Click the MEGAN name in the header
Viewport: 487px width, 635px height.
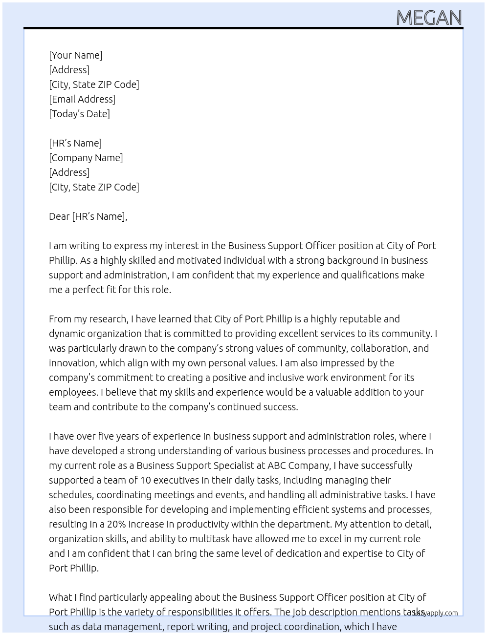429,18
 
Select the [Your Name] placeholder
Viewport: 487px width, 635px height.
76,55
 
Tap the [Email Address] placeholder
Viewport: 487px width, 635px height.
82,99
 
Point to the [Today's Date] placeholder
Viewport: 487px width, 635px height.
79,114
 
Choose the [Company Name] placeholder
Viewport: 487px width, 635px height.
86,158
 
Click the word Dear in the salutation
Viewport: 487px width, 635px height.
59,216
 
